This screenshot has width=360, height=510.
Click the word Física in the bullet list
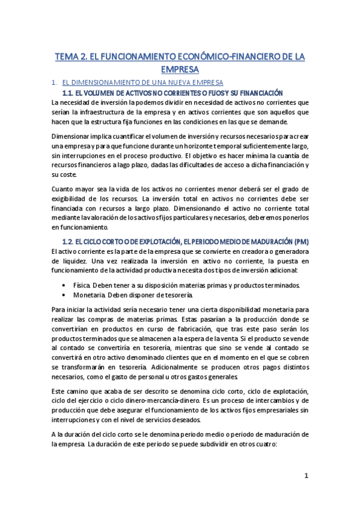(82, 285)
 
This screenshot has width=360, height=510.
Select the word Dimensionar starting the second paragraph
(73, 135)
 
